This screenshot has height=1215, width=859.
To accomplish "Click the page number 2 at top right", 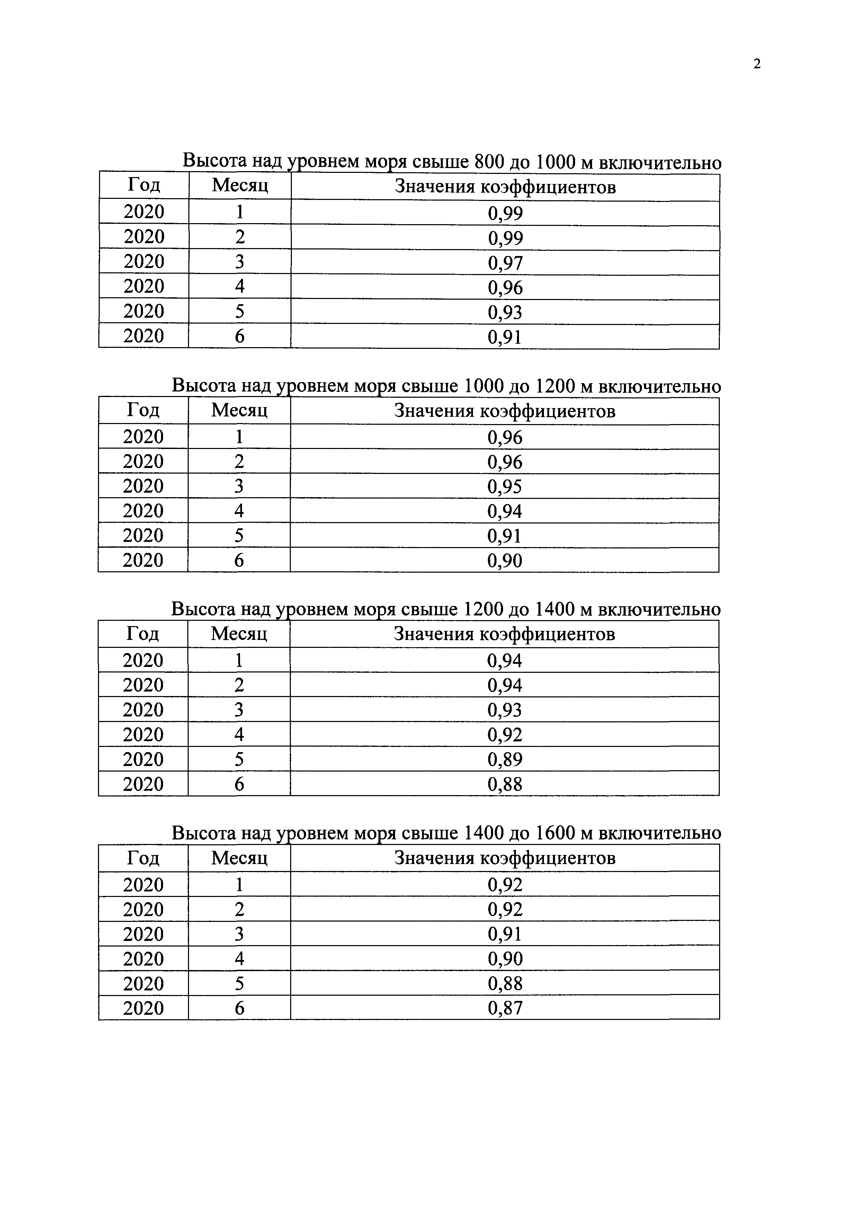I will [x=757, y=64].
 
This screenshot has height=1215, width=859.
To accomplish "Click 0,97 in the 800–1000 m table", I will [x=505, y=263].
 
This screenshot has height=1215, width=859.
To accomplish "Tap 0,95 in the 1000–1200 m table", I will [x=504, y=487].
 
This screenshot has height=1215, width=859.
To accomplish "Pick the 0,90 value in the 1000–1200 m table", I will [x=504, y=561].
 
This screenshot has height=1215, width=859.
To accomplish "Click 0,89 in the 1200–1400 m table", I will [x=504, y=760].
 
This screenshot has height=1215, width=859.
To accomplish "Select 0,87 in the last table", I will [x=505, y=1009].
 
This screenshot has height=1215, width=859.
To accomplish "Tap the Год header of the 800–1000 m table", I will [x=144, y=185].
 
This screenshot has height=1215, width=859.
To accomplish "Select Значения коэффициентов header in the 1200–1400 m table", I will [x=504, y=634].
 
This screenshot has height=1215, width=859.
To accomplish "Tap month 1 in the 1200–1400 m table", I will [x=239, y=660].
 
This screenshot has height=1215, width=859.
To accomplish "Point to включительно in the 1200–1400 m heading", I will [x=659, y=610].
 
